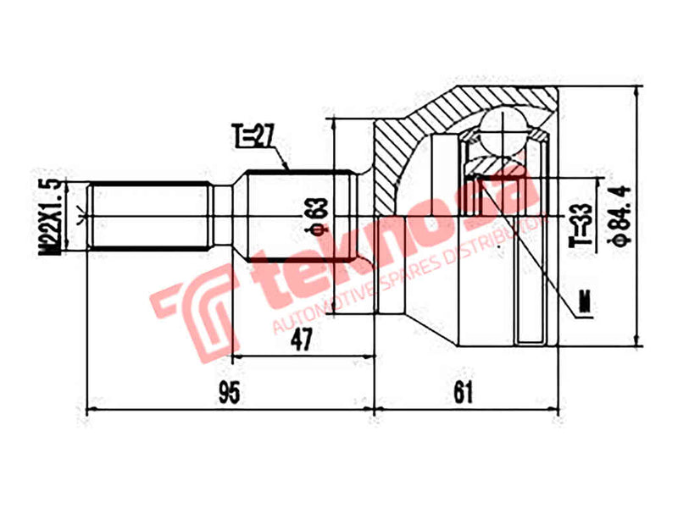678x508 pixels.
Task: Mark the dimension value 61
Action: (x=463, y=393)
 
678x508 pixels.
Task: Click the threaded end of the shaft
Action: (x=149, y=217)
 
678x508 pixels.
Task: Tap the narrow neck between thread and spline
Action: (x=221, y=217)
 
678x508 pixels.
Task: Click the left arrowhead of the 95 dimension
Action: (x=90, y=412)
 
